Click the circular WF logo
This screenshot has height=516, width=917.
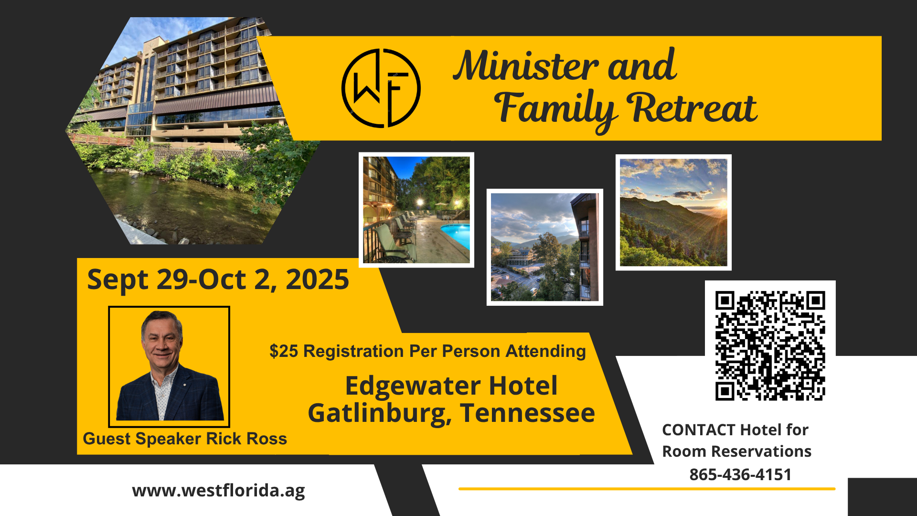(x=381, y=88)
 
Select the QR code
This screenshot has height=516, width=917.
(x=770, y=345)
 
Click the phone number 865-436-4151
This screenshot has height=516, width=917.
(x=740, y=474)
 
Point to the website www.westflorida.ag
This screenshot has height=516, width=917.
(x=218, y=491)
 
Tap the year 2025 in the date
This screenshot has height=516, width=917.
(x=317, y=279)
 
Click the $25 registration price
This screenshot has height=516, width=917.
(x=284, y=351)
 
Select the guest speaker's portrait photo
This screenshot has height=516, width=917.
(x=169, y=366)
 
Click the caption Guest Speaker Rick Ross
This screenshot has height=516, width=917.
(x=185, y=439)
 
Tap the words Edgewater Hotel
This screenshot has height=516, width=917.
(x=451, y=386)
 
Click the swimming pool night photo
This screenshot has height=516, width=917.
(x=416, y=210)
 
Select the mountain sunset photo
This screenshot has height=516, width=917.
(x=673, y=213)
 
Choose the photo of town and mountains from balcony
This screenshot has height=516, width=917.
(x=545, y=247)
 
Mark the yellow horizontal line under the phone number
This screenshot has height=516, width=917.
(x=647, y=489)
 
